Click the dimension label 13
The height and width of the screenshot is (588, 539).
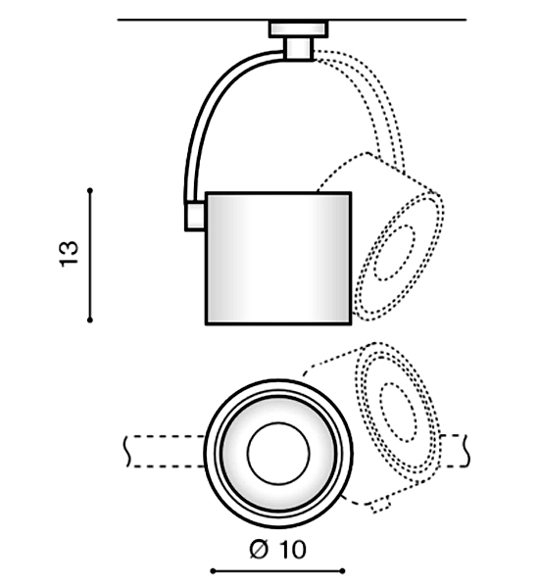click(69, 254)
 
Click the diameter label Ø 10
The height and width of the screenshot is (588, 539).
click(277, 550)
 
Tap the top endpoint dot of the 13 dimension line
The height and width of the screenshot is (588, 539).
click(90, 191)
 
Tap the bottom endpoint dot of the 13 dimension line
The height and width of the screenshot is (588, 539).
click(90, 319)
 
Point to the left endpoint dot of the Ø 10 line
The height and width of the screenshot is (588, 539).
click(213, 571)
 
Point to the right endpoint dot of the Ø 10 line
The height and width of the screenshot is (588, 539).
click(342, 571)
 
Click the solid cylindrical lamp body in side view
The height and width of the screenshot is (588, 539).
click(278, 258)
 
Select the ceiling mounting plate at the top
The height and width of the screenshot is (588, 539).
click(299, 29)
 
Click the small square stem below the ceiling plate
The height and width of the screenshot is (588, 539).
click(299, 48)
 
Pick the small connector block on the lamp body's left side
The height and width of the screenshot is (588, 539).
click(195, 217)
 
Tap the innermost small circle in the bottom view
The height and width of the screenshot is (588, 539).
click(278, 454)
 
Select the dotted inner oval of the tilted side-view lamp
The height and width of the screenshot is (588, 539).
click(395, 253)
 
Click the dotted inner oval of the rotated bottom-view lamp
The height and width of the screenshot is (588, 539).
click(398, 413)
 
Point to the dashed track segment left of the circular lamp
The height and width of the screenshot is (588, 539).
click(165, 452)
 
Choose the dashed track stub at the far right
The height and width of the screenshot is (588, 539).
click(455, 451)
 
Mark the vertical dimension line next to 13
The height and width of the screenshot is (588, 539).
click(90, 256)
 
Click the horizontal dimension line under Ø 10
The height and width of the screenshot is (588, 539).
click(277, 571)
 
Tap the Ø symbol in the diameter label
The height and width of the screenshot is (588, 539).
click(259, 550)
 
